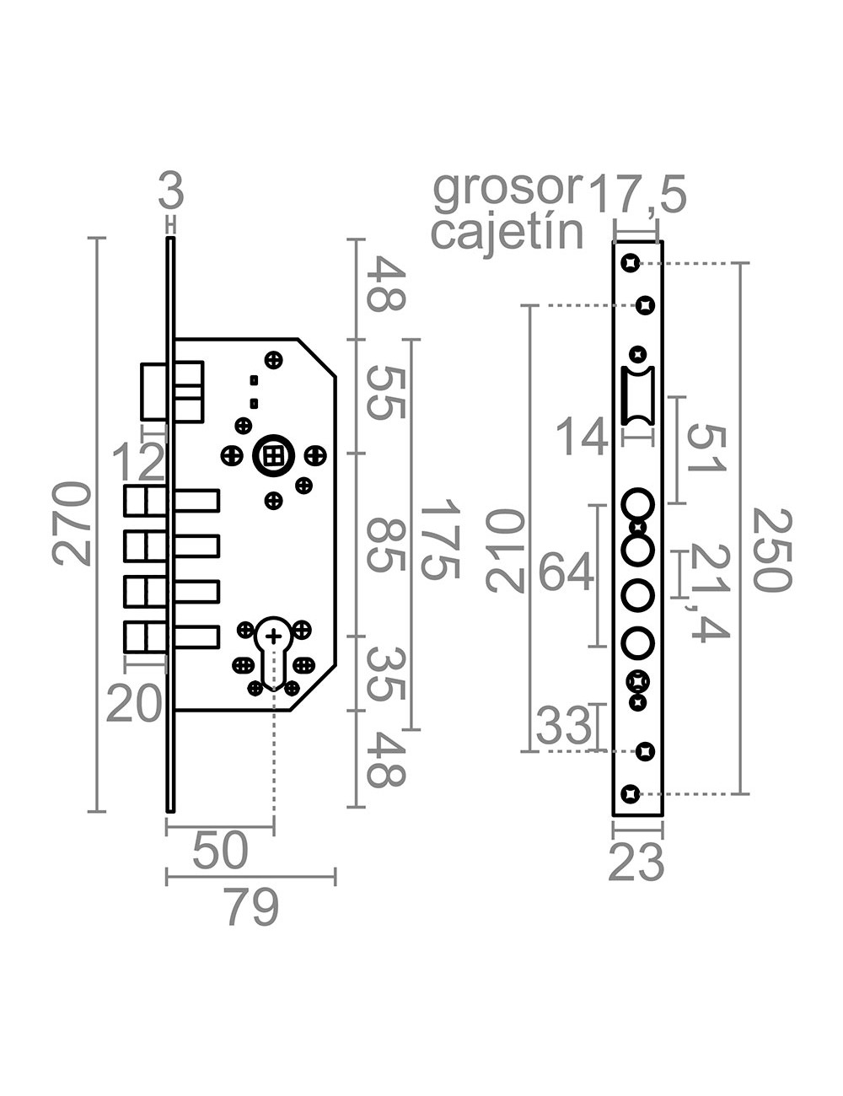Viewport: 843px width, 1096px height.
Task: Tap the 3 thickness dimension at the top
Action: point(170,193)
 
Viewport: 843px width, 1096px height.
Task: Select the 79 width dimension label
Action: point(252,909)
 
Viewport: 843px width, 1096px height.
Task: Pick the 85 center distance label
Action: point(389,545)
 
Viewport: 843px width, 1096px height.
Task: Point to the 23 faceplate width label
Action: point(636,862)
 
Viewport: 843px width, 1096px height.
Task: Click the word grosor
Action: point(507,190)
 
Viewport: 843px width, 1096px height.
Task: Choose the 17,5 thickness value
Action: point(637,196)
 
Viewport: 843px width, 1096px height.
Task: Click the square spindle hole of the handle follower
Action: point(272,456)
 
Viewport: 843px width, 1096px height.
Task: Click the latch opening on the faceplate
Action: point(636,396)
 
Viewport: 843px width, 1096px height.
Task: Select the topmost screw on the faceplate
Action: point(629,263)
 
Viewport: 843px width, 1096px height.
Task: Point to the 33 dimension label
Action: point(564,726)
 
